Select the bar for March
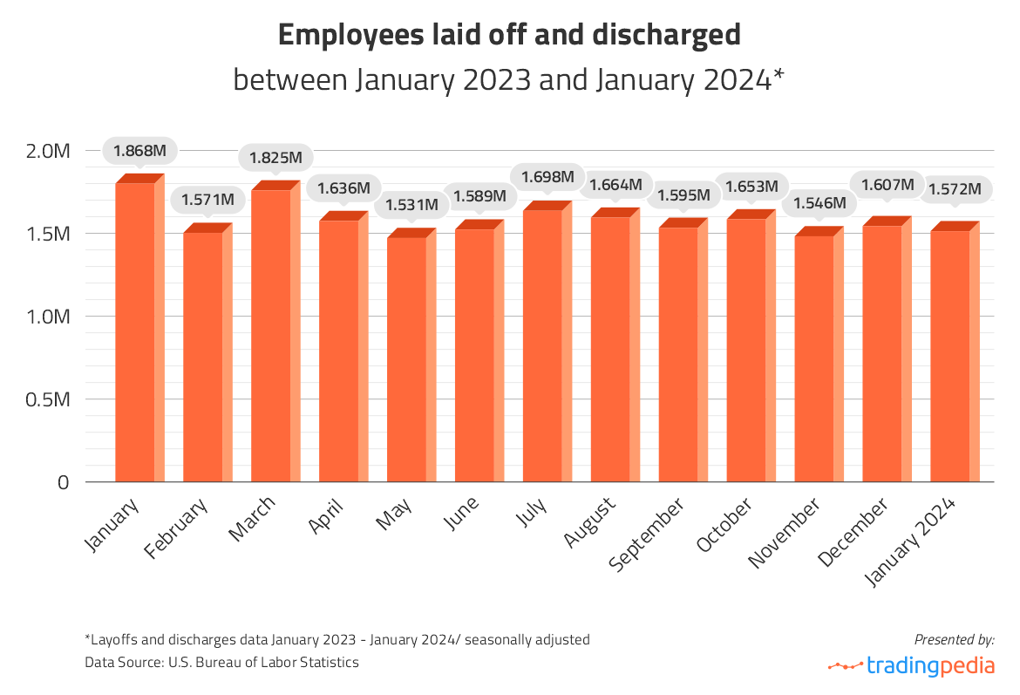pyautogui.click(x=271, y=336)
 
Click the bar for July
pyautogui.click(x=543, y=345)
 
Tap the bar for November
pyautogui.click(x=815, y=358)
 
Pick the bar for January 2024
pyautogui.click(x=951, y=356)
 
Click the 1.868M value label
pyautogui.click(x=140, y=150)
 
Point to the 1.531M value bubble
pyautogui.click(x=412, y=205)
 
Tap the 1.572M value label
pyautogui.click(x=955, y=188)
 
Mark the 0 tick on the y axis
pyautogui.click(x=64, y=482)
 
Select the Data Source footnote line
pyautogui.click(x=221, y=663)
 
